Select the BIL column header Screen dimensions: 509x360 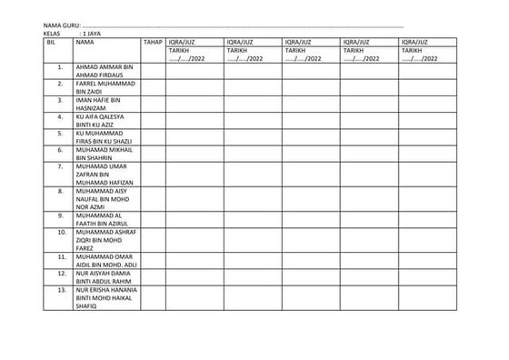(x=51, y=42)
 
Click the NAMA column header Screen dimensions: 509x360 (x=85, y=42)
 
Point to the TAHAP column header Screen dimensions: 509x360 (x=152, y=42)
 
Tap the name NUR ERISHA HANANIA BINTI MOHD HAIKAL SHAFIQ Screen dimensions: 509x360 (x=105, y=298)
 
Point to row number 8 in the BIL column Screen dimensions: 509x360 (x=60, y=191)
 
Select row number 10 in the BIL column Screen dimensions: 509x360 (x=60, y=232)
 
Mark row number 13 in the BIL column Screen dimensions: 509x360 (x=60, y=290)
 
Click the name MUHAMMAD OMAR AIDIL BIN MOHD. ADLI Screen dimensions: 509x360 (x=105, y=260)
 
